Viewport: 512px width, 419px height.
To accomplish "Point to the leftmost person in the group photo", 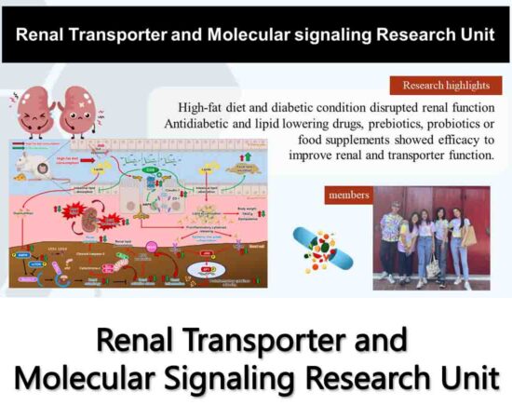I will coord(388,237).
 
